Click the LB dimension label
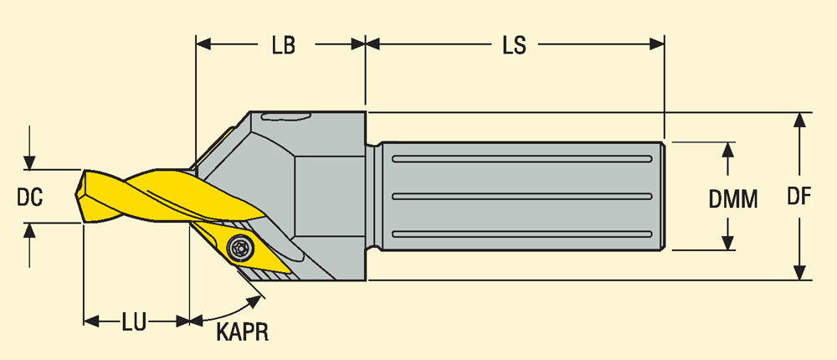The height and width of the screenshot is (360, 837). pos(284,46)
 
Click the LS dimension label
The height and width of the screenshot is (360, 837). pos(514,46)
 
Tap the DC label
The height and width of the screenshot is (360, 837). pos(30,198)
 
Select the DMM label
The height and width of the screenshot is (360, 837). pos(733,200)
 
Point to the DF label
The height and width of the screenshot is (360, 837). pos(799,198)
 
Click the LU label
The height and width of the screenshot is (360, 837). pos(133,322)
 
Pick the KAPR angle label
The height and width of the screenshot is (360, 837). pos(242,332)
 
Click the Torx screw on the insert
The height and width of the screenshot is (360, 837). pos(238,247)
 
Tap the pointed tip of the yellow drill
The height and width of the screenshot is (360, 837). pos(77,195)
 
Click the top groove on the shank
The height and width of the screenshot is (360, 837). pos(521,158)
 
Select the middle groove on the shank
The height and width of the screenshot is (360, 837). pos(521,196)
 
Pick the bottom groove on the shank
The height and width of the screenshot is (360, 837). pos(521,234)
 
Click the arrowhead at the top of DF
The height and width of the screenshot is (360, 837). pos(799,120)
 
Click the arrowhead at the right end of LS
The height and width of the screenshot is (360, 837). pos(657,44)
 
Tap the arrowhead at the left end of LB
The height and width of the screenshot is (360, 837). pos(203,44)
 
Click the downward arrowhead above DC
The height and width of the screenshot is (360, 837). pos(29,162)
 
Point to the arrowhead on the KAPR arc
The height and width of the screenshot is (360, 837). pos(254,301)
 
